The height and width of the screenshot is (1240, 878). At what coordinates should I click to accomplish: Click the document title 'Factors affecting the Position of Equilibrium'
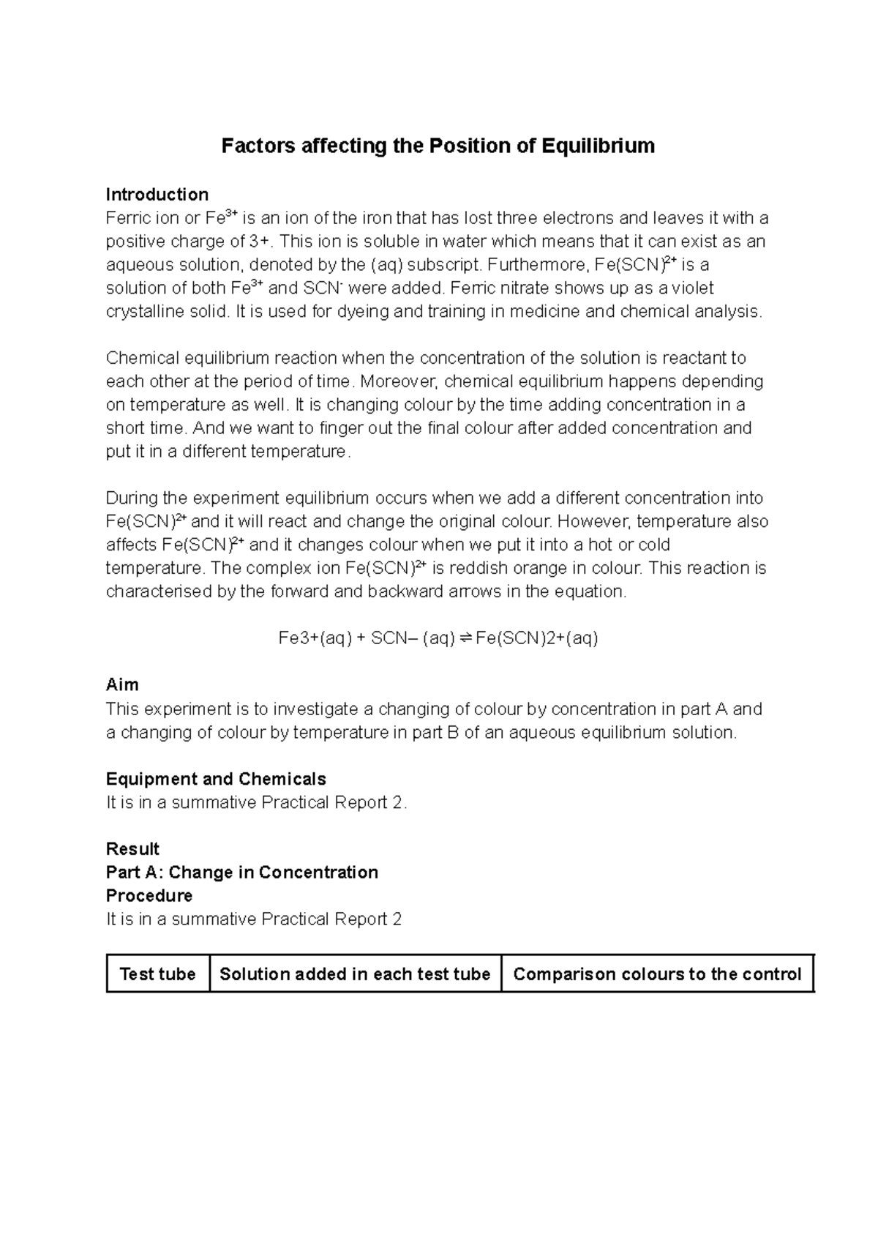(x=438, y=146)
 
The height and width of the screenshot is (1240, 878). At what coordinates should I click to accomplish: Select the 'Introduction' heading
(x=157, y=195)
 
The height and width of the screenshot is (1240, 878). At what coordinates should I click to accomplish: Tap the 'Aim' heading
(x=122, y=685)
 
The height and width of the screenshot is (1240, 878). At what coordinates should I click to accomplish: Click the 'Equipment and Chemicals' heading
(x=216, y=779)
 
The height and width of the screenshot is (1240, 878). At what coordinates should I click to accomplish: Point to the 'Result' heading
(x=132, y=849)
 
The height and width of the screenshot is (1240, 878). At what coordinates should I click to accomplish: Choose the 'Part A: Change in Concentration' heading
(x=242, y=873)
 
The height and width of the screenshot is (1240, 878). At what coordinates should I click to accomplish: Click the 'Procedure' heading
(x=149, y=896)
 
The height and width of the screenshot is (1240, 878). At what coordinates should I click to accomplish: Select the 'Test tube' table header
(x=157, y=974)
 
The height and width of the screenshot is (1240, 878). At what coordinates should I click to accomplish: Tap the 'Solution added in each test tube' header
(x=355, y=974)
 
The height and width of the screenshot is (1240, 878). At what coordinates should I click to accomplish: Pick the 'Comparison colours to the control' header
(x=657, y=974)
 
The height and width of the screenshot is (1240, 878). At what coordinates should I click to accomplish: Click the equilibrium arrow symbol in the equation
(x=465, y=639)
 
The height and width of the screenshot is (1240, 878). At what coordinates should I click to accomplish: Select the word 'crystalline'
(x=145, y=312)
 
